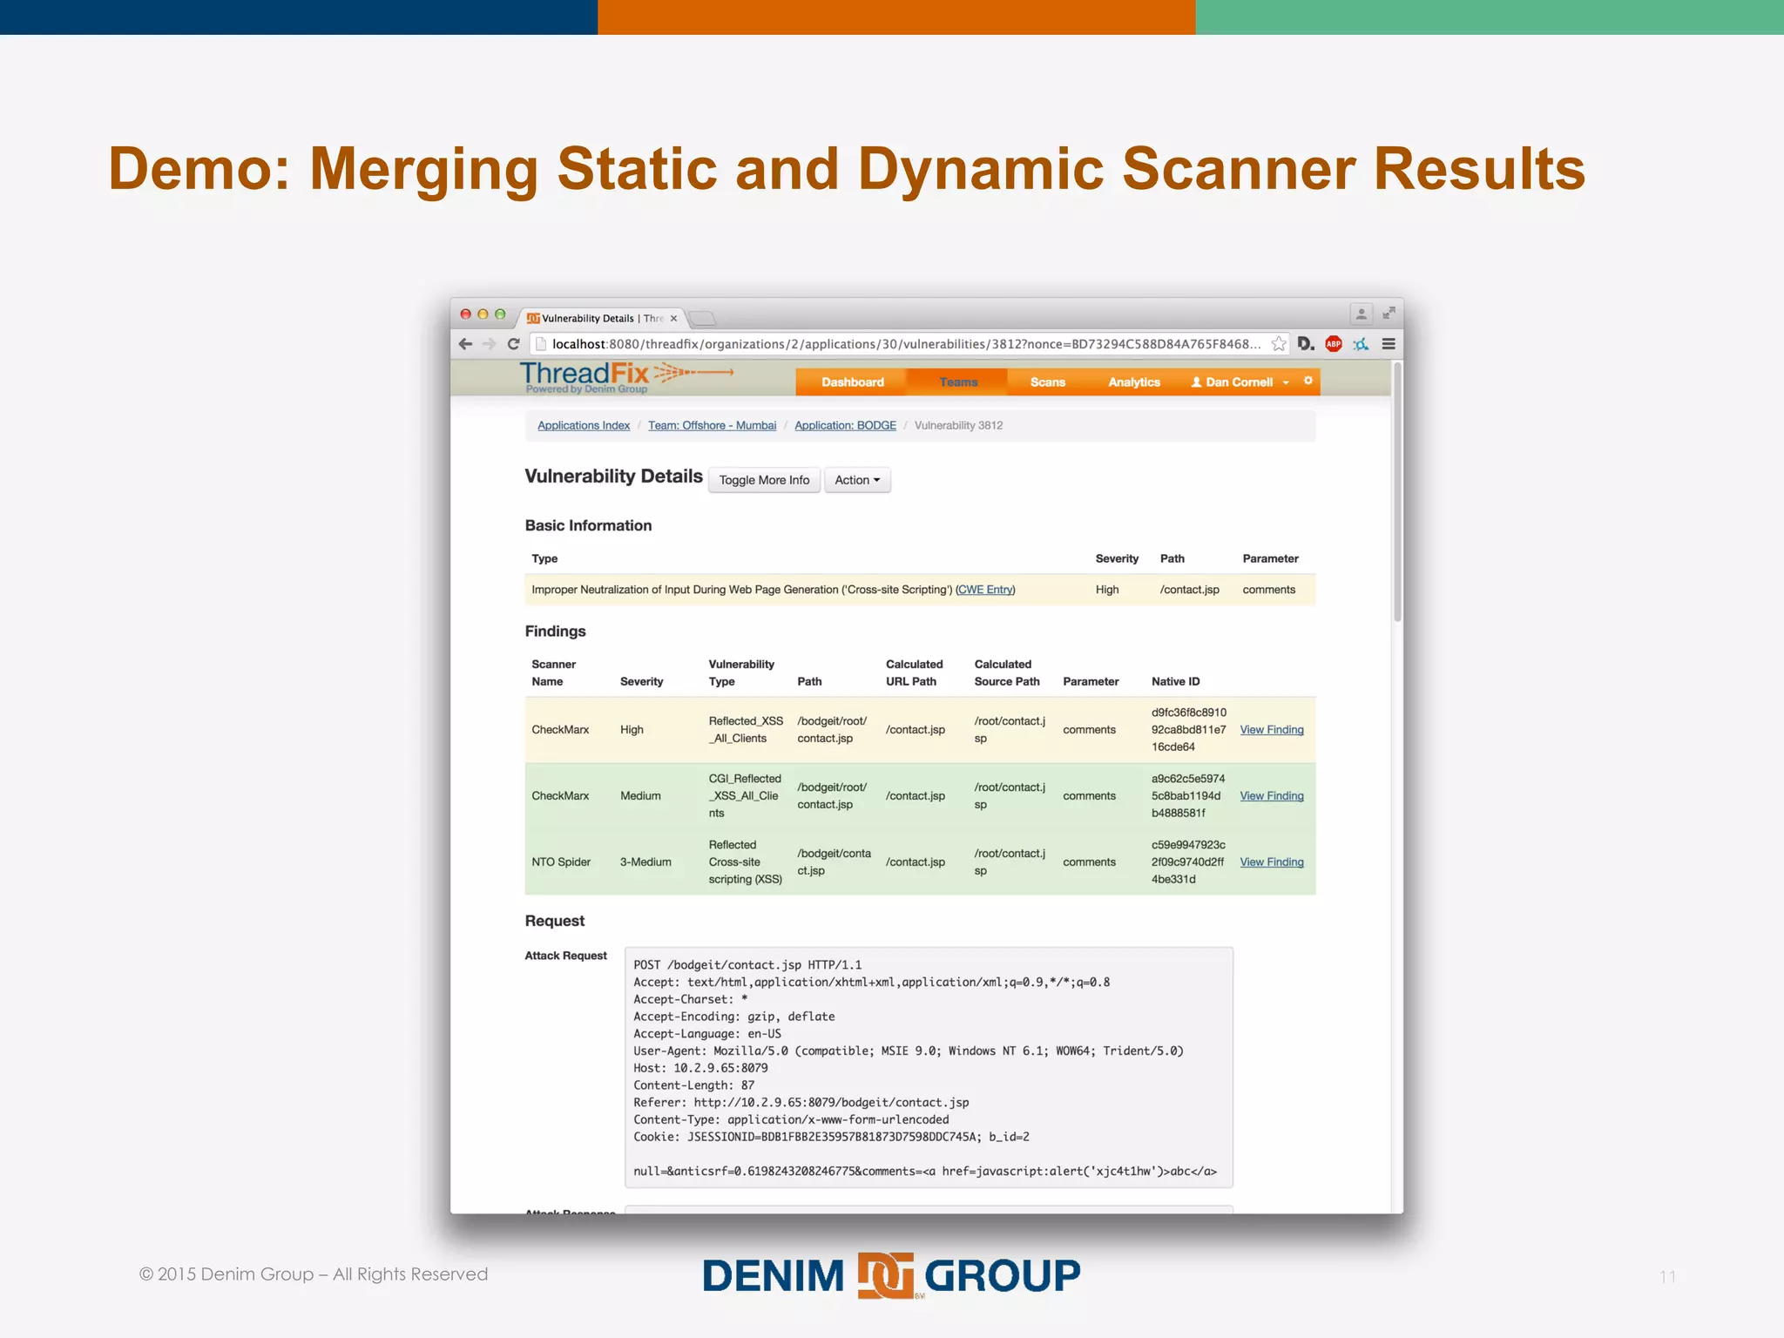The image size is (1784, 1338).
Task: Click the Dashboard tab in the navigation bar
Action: pyautogui.click(x=852, y=382)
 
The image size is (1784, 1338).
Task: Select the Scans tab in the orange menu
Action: pyautogui.click(x=1047, y=382)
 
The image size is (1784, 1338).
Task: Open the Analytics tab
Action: pyautogui.click(x=1133, y=382)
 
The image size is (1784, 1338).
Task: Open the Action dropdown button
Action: pyautogui.click(x=857, y=480)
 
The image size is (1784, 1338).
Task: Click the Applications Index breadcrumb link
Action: pyautogui.click(x=584, y=425)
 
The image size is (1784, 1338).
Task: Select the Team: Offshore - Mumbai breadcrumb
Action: pyautogui.click(x=712, y=425)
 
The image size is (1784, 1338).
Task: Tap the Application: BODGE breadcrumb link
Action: pyautogui.click(x=845, y=425)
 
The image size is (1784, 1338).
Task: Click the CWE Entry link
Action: pyautogui.click(x=985, y=590)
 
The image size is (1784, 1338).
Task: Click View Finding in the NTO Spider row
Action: pyautogui.click(x=1271, y=862)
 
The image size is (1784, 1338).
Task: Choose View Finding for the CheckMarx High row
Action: pyautogui.click(x=1271, y=730)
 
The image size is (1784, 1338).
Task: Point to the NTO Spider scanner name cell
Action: pyautogui.click(x=561, y=862)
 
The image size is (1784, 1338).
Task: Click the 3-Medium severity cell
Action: pyautogui.click(x=645, y=862)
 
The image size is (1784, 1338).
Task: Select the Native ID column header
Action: pyautogui.click(x=1175, y=681)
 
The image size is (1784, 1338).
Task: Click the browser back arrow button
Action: pyautogui.click(x=465, y=344)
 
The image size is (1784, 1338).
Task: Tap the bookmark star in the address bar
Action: pyautogui.click(x=1278, y=344)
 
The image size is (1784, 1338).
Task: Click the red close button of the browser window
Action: pyautogui.click(x=466, y=314)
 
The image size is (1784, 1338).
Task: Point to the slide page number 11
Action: pyautogui.click(x=1667, y=1276)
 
